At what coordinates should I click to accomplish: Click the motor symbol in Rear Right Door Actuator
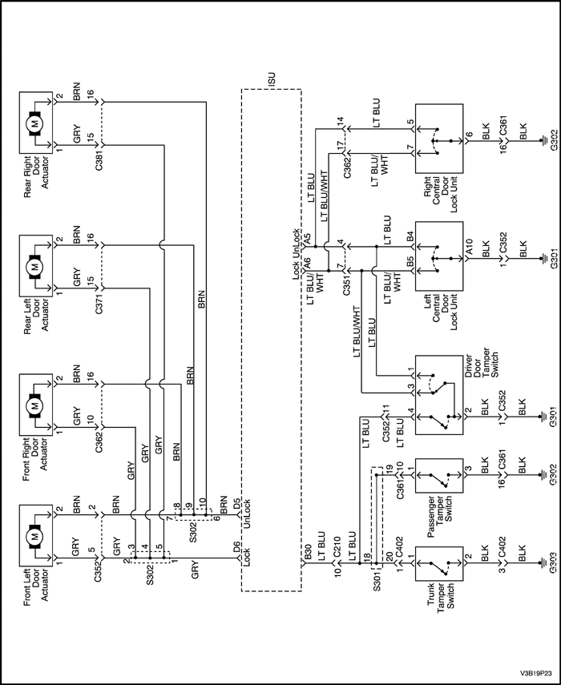[x=34, y=123]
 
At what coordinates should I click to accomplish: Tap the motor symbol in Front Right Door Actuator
[x=34, y=406]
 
